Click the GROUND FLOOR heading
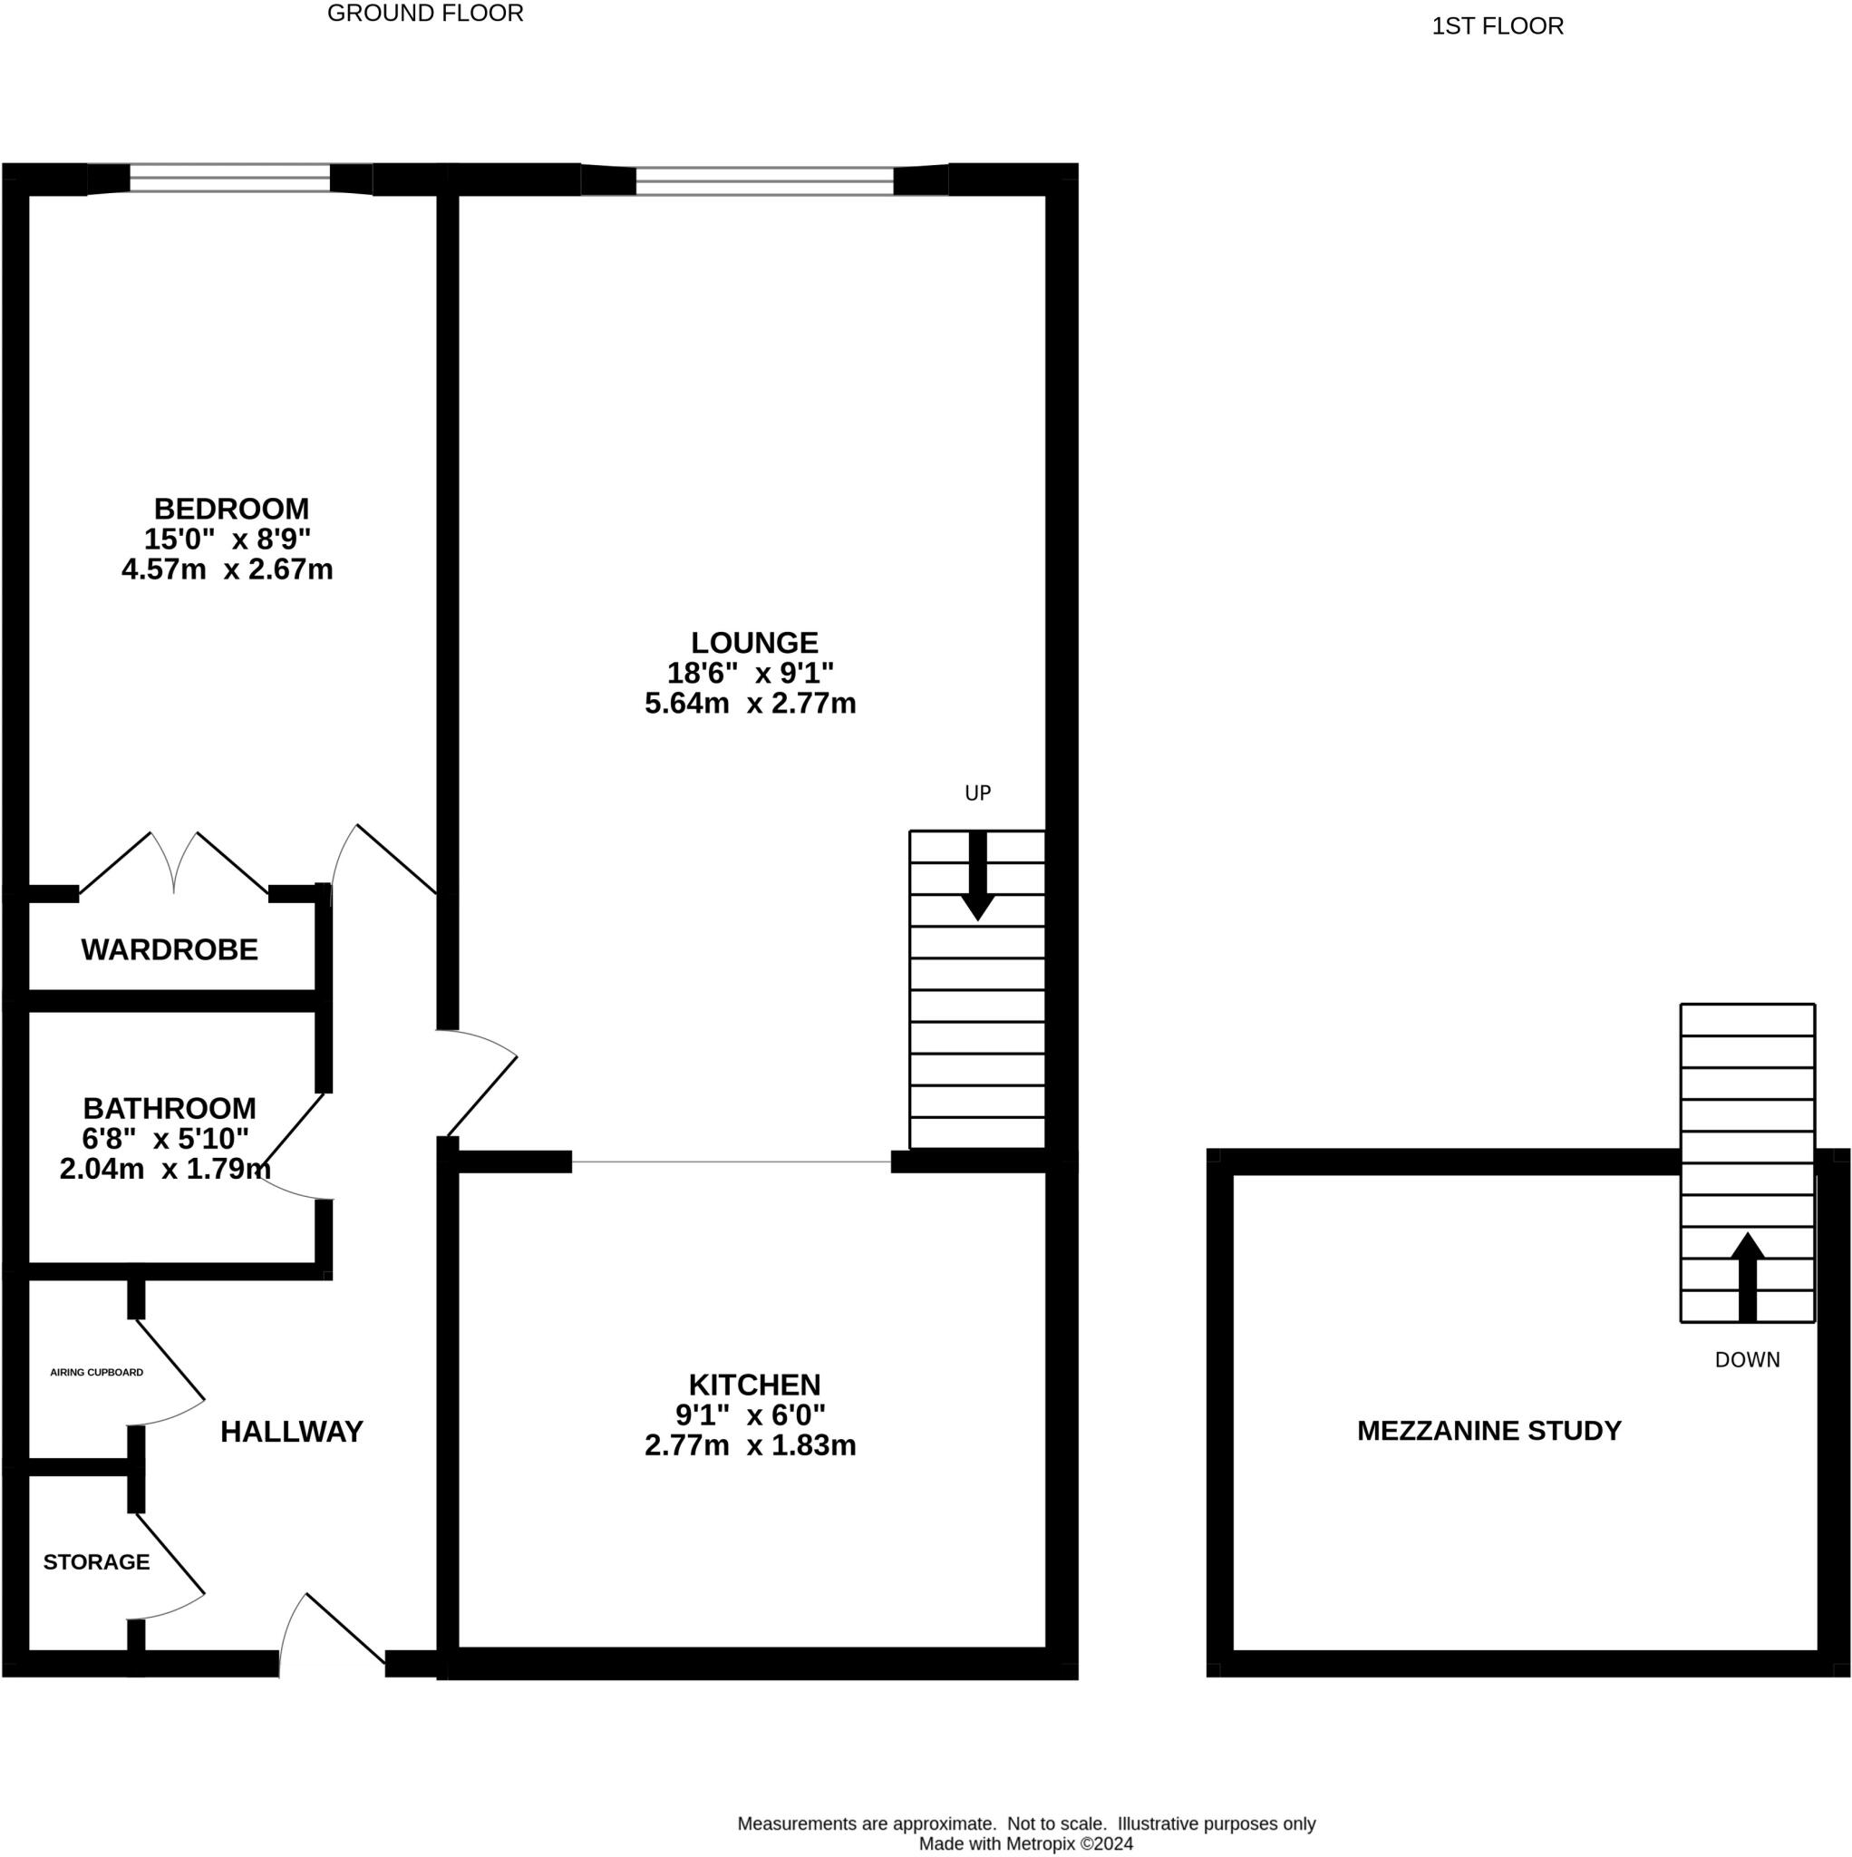point(425,14)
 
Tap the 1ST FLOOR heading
point(1498,26)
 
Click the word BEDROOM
point(232,509)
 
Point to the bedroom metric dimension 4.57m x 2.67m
point(227,569)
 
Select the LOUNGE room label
point(754,642)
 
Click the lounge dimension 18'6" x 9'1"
point(751,672)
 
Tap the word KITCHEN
point(754,1385)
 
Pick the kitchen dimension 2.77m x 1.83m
point(750,1445)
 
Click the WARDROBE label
point(170,949)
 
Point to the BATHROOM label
point(170,1108)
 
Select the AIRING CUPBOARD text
point(96,1373)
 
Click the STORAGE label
point(96,1562)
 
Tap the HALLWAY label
point(291,1432)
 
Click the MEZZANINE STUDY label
point(1488,1431)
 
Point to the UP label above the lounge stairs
point(977,793)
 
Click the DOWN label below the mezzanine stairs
point(1747,1360)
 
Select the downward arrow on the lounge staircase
point(977,876)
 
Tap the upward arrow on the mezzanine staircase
point(1747,1278)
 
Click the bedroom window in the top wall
point(229,178)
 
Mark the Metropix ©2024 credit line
point(1025,1843)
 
